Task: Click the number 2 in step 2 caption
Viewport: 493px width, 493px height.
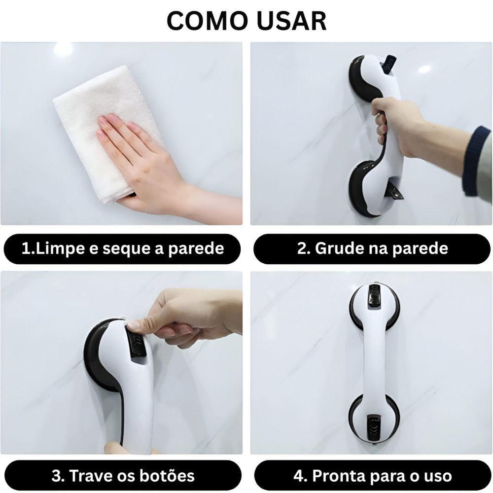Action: click(x=301, y=248)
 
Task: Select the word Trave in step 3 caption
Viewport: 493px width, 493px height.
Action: click(x=91, y=476)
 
